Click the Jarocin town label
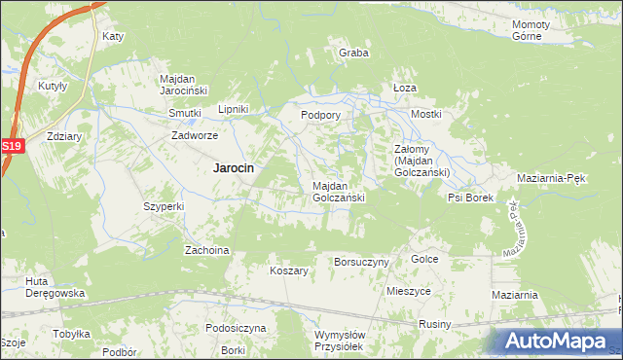click(x=234, y=167)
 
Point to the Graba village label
click(x=353, y=53)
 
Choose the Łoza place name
click(x=404, y=87)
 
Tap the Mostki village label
click(x=425, y=114)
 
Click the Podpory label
click(x=320, y=114)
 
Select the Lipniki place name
click(x=235, y=109)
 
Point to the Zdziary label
click(x=62, y=137)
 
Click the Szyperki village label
click(x=164, y=206)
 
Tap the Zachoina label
click(x=206, y=250)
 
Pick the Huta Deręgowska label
click(x=56, y=287)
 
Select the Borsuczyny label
click(x=361, y=262)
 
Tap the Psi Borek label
click(x=471, y=198)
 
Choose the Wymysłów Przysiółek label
click(x=340, y=341)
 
